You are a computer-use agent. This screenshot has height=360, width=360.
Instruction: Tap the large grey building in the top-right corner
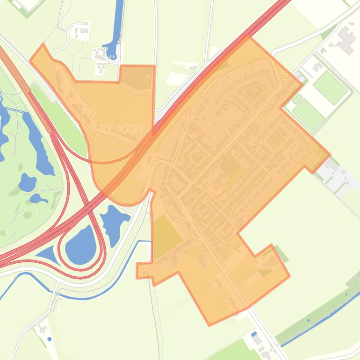point(346,40)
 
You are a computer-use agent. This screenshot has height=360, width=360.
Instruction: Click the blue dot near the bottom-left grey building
point(50,339)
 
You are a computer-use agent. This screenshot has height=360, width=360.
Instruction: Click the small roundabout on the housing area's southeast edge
point(248,215)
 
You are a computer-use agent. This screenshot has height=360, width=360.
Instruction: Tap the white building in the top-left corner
point(28,4)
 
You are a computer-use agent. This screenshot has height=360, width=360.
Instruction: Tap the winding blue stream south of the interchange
point(84,295)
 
